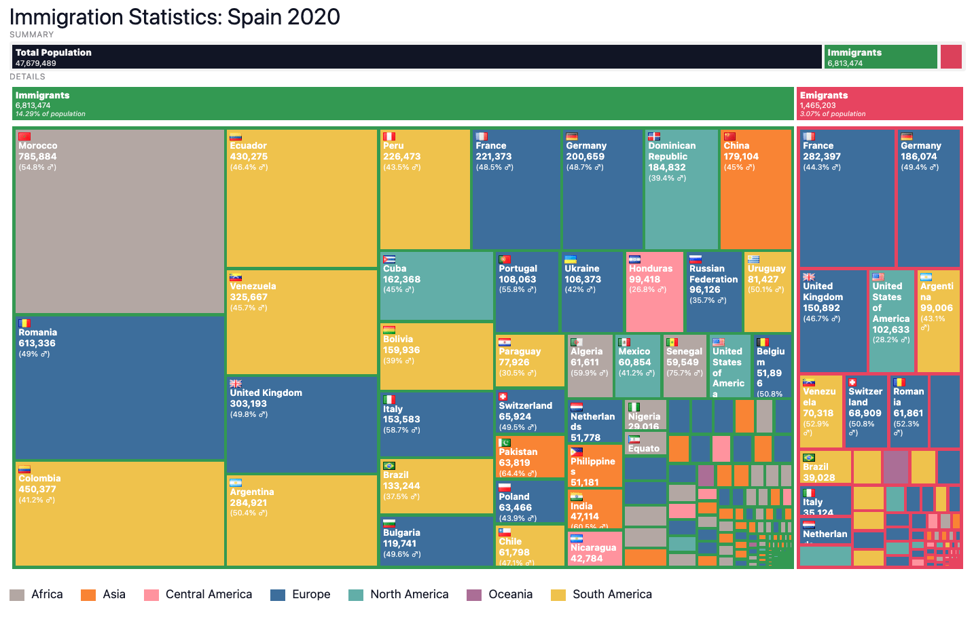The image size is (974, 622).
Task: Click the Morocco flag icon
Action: tap(24, 136)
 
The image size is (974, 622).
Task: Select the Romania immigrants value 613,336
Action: tap(37, 344)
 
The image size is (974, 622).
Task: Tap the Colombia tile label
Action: tap(39, 479)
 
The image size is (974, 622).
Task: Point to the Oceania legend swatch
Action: tap(474, 595)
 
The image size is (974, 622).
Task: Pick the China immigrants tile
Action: tap(755, 189)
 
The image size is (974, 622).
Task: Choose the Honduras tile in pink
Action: tap(654, 292)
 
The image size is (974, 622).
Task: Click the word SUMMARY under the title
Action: tap(31, 35)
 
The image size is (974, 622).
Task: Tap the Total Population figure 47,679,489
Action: tap(36, 63)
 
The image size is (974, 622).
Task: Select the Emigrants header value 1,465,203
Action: tap(818, 105)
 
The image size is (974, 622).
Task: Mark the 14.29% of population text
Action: tap(50, 114)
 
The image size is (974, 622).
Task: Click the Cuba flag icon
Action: tap(389, 259)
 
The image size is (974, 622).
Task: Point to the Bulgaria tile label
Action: tap(401, 533)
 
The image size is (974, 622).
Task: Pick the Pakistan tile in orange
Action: tap(530, 457)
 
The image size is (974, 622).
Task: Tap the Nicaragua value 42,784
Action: tap(586, 559)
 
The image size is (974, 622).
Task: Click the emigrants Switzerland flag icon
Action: tap(852, 382)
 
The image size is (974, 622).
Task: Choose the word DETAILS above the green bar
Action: tap(27, 77)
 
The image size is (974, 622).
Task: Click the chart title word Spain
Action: tap(257, 17)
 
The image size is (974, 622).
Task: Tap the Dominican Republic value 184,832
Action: tap(667, 168)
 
